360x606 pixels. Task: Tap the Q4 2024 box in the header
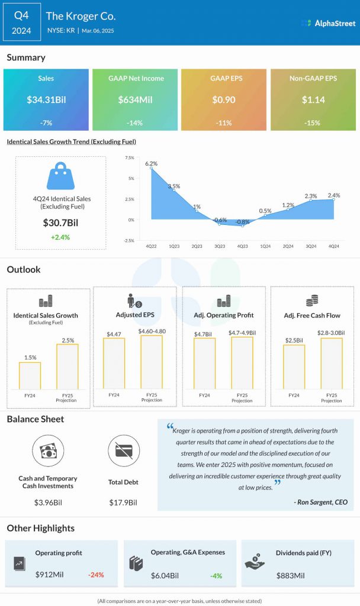pyautogui.click(x=22, y=22)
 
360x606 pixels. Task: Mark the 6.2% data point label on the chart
pyautogui.click(x=151, y=163)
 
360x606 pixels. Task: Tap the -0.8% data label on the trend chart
pyautogui.click(x=242, y=222)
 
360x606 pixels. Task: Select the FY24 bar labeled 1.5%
pyautogui.click(x=30, y=375)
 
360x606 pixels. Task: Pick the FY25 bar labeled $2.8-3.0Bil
pyautogui.click(x=332, y=363)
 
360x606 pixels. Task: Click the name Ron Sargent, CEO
pyautogui.click(x=320, y=502)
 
